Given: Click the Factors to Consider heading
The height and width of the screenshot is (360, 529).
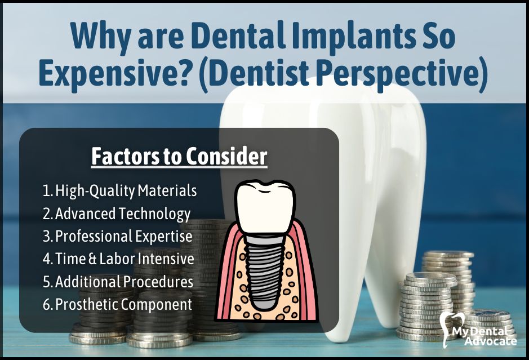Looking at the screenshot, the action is pos(179,157).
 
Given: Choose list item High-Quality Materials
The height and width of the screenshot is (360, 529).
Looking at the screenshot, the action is pos(120,191).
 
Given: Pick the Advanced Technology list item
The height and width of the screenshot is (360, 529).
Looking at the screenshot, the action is pos(117,214).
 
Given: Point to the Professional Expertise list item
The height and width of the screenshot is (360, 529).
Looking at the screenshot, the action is pos(117,237).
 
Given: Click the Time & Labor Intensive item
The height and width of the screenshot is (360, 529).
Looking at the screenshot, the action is pos(118,259).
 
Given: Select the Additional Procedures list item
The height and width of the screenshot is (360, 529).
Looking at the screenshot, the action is pos(118,282).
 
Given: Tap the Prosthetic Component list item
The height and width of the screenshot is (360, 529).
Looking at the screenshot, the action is pos(117,304).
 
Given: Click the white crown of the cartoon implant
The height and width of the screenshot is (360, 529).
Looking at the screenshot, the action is pos(265,208).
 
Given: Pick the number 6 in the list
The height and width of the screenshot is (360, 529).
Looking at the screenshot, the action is pos(47,304).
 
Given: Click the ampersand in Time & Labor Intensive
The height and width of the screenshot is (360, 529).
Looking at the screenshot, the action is pos(93,259).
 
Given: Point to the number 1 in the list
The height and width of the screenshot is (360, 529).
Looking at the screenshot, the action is pos(46,191).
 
